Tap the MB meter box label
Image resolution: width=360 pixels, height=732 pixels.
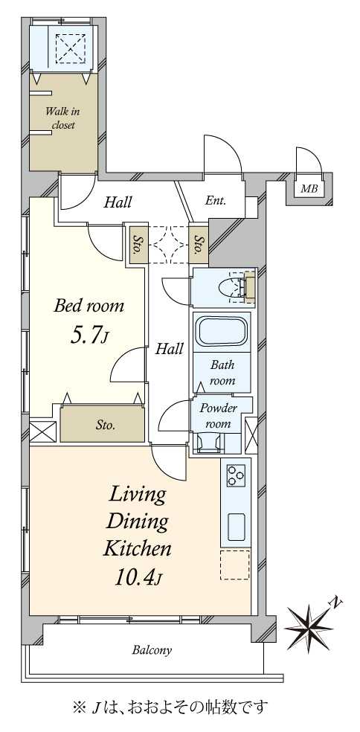(309, 190)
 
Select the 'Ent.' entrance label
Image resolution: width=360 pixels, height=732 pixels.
(215, 201)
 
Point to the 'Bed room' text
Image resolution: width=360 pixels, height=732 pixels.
(89, 306)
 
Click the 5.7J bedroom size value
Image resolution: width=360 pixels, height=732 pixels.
(89, 336)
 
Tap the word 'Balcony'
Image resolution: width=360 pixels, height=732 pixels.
(152, 649)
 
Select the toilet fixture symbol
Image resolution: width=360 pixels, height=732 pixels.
(237, 288)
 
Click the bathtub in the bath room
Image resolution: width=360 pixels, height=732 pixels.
(222, 332)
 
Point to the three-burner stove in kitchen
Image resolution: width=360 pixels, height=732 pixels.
(236, 475)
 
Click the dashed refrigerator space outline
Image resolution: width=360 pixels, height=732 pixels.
(235, 565)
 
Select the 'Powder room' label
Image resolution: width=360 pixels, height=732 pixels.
(218, 416)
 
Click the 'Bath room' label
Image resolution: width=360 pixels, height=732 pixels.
(222, 372)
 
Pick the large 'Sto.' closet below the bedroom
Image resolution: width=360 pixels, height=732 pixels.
(102, 423)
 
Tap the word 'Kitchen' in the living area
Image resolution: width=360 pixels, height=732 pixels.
(137, 549)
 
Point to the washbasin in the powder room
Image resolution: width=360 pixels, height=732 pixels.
(209, 443)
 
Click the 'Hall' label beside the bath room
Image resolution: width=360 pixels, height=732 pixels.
(169, 349)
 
